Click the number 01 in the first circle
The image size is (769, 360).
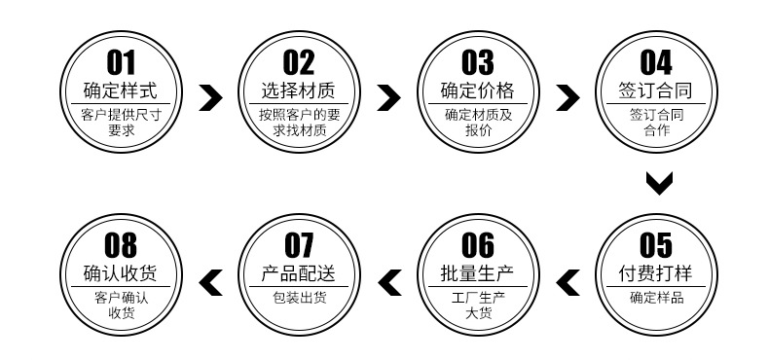coord(121,63)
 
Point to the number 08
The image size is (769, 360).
coord(121,244)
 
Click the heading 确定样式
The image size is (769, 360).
coord(121,92)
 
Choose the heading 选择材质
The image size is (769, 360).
coord(299,92)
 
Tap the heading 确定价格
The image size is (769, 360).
coord(477,92)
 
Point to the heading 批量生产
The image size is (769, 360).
coord(477,272)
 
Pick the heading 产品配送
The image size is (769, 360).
coord(299,272)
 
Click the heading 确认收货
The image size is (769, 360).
coord(121,272)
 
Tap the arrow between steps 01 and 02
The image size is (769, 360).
coord(210,96)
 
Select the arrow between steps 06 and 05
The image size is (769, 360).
coord(567,281)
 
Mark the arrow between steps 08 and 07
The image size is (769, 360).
coord(210,281)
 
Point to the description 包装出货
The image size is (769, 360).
coord(299,298)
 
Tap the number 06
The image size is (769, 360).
coord(477,244)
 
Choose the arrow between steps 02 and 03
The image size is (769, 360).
coord(388,96)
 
